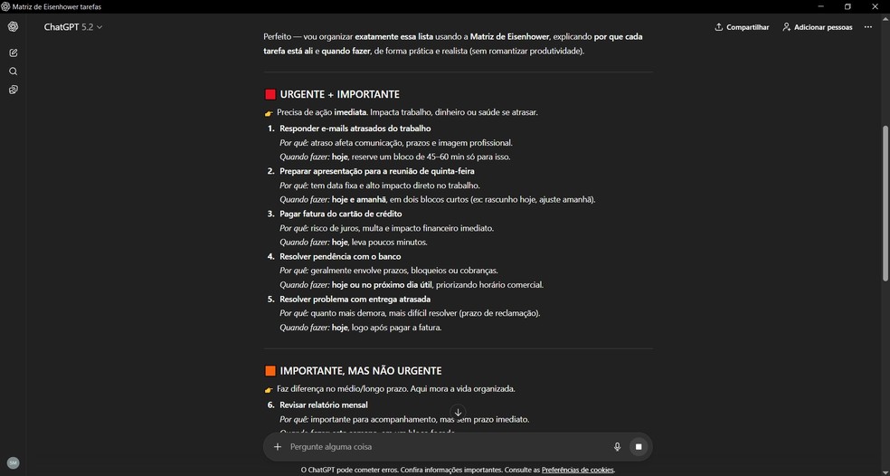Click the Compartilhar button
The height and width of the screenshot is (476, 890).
[x=742, y=27]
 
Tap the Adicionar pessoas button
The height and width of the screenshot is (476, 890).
[x=818, y=27]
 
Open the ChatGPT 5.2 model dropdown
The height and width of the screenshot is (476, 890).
[x=73, y=27]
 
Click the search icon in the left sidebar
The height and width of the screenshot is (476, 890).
[x=13, y=71]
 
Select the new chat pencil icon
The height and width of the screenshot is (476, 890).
[x=13, y=53]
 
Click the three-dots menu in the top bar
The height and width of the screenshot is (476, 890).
[x=867, y=27]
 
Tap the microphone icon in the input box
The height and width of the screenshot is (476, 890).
[x=617, y=447]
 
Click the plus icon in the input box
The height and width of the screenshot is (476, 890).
[x=278, y=447]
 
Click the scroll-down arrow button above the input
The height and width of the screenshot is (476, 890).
[x=458, y=413]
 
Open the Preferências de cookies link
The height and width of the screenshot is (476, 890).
[x=577, y=470]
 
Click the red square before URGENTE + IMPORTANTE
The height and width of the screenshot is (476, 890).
[x=270, y=94]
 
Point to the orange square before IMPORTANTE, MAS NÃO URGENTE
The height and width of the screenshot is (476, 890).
[x=270, y=371]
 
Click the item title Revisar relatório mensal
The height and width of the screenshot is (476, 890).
[x=323, y=405]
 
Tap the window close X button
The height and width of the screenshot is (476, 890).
[x=875, y=6]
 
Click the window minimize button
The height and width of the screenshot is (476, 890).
[x=820, y=6]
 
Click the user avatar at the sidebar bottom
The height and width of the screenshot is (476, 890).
[x=13, y=462]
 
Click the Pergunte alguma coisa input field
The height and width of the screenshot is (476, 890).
[x=443, y=447]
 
